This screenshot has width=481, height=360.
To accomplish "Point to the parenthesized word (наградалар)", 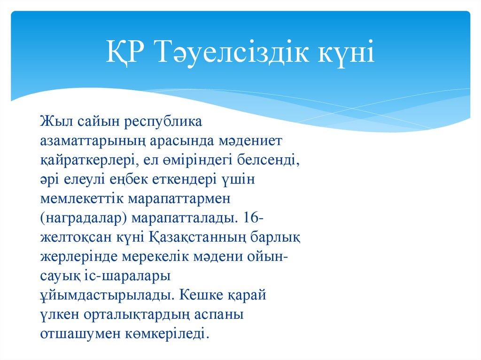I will click(x=84, y=219).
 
